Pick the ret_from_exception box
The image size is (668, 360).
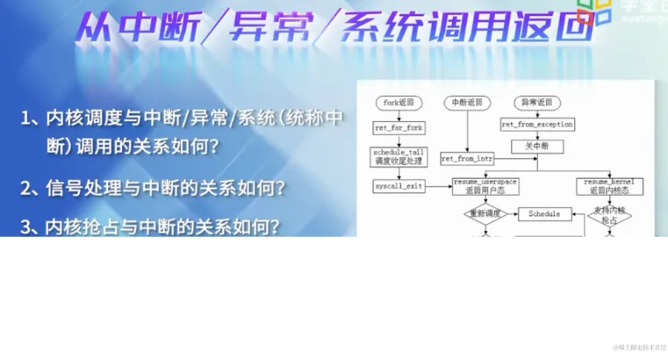point(537,125)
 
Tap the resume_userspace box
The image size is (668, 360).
point(484,185)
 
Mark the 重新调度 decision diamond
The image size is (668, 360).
point(485,213)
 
